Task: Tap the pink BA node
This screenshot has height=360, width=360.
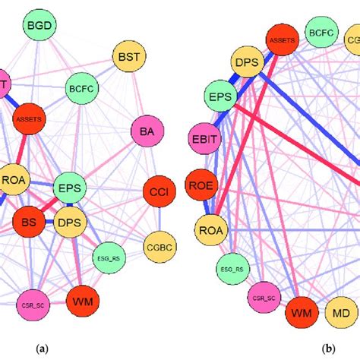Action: click(x=147, y=132)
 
